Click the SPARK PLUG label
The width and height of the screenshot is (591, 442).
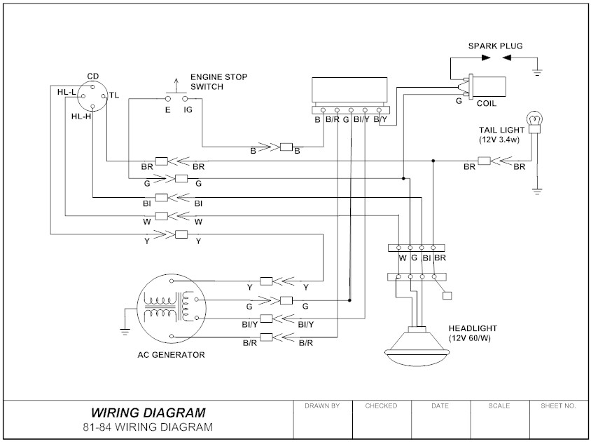pyautogui.click(x=495, y=46)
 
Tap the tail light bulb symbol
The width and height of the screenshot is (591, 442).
pyautogui.click(x=536, y=121)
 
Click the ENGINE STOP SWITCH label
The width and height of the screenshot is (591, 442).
pyautogui.click(x=218, y=81)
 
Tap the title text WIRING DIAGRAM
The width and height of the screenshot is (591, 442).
pyautogui.click(x=148, y=413)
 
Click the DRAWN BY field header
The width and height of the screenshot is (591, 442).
pyautogui.click(x=322, y=406)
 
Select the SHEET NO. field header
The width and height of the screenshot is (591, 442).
pyautogui.click(x=558, y=406)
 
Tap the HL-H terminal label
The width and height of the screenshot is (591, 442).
pyautogui.click(x=81, y=116)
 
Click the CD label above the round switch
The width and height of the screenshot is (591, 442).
pyautogui.click(x=92, y=76)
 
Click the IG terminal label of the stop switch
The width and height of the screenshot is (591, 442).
pyautogui.click(x=188, y=110)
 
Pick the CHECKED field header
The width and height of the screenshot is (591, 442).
pyautogui.click(x=381, y=406)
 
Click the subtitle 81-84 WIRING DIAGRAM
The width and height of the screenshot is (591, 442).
pyautogui.click(x=148, y=427)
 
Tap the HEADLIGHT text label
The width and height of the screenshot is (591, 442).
pyautogui.click(x=473, y=328)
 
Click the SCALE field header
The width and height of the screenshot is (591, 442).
pyautogui.click(x=499, y=406)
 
